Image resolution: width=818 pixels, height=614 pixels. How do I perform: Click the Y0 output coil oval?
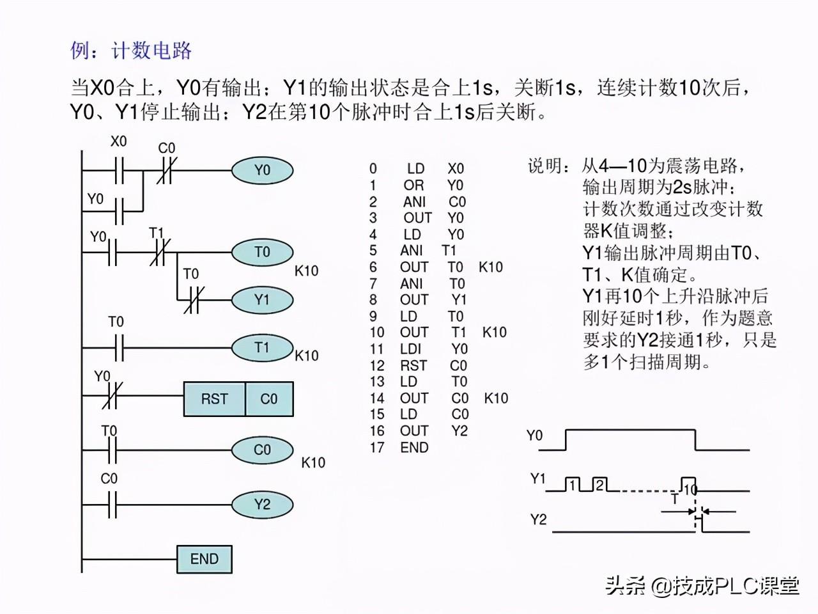[x=263, y=170]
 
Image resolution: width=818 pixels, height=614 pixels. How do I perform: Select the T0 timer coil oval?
[x=263, y=252]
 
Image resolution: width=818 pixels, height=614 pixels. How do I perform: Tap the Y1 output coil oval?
[x=263, y=300]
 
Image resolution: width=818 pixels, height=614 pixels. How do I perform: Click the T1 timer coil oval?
[x=263, y=348]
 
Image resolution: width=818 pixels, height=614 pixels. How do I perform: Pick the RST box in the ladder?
[x=215, y=399]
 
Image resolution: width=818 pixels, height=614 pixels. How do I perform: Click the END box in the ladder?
[x=204, y=559]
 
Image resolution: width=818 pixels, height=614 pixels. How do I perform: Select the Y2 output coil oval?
[x=263, y=505]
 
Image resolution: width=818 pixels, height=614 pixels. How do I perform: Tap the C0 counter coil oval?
[x=263, y=450]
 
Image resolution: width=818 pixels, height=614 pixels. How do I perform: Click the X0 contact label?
[x=118, y=141]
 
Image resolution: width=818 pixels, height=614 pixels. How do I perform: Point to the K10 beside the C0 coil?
[x=313, y=462]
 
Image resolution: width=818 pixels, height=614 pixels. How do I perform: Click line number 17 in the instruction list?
[x=377, y=447]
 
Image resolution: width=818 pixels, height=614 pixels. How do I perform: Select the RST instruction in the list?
[x=413, y=366]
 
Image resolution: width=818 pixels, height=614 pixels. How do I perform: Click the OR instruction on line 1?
[x=413, y=185]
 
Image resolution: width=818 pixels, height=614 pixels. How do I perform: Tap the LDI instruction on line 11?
[x=410, y=349]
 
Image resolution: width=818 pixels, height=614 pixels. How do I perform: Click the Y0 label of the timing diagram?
[x=534, y=436]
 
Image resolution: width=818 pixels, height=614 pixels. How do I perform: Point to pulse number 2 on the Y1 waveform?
[x=599, y=485]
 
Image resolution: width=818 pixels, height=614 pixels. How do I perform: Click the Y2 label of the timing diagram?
[x=538, y=519]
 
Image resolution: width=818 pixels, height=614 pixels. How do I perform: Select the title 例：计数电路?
[x=131, y=51]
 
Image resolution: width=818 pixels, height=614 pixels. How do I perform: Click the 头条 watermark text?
[x=625, y=586]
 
